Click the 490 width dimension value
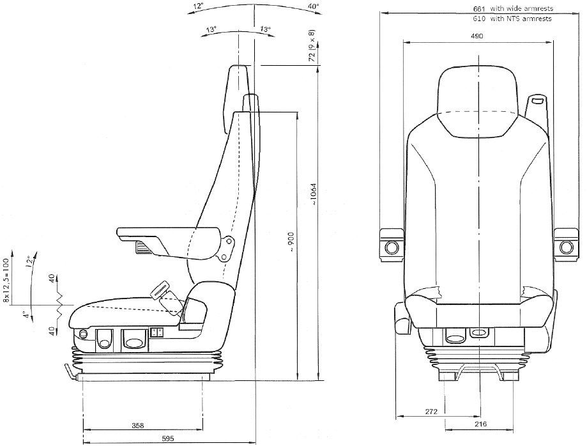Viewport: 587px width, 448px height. [476, 36]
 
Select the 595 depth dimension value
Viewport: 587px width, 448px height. [168, 438]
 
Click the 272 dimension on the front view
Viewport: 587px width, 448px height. [431, 412]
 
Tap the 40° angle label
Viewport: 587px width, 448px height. [312, 6]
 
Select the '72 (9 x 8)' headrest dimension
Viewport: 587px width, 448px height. [311, 45]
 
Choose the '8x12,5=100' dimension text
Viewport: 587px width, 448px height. [7, 279]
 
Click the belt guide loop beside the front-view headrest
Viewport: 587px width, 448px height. [537, 100]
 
